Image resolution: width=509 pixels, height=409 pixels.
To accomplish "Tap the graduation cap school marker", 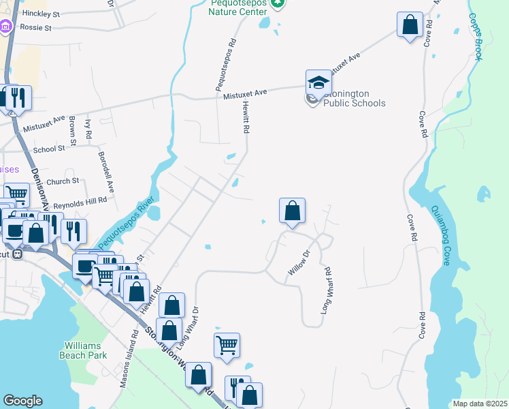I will click(x=318, y=83).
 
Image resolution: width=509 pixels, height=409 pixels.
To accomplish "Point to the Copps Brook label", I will click(x=475, y=38).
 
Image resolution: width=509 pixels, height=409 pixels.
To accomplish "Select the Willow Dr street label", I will click(x=299, y=263).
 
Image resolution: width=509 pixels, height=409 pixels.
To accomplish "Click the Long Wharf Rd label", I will click(x=327, y=290).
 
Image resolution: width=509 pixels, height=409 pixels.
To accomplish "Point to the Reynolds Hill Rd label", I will click(x=80, y=201).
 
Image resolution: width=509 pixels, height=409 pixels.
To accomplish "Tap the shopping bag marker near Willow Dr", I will click(x=292, y=211).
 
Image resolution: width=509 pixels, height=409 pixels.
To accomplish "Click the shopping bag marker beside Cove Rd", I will click(x=410, y=26).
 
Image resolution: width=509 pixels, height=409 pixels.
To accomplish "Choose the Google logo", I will click(x=22, y=401).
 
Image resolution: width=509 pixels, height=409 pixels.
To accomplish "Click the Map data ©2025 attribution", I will click(x=480, y=404).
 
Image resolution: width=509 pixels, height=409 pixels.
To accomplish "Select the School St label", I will click(x=48, y=149).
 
